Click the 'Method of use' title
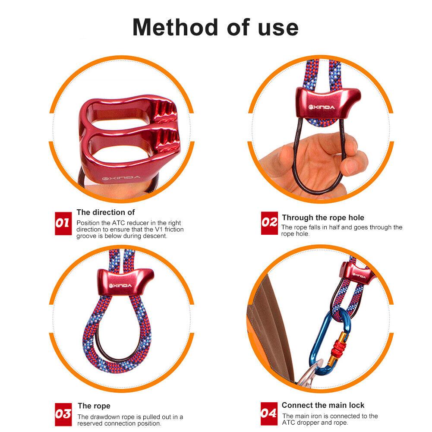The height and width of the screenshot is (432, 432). pos(215,27)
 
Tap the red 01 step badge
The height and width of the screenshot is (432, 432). pos(63,223)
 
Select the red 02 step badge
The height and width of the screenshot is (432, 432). pos(269,223)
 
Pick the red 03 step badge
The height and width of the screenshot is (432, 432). pos(63,414)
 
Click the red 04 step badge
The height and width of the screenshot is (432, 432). pos(269,413)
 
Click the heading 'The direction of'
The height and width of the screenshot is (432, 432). pos(106,212)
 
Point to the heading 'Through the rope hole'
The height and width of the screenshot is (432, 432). pos(323,218)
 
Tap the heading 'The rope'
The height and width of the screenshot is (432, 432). pos(94,406)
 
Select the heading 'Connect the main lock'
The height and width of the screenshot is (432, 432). pos(323,405)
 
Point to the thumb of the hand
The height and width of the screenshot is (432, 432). pos(293,155)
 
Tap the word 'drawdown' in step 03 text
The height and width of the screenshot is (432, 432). pos(104,417)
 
